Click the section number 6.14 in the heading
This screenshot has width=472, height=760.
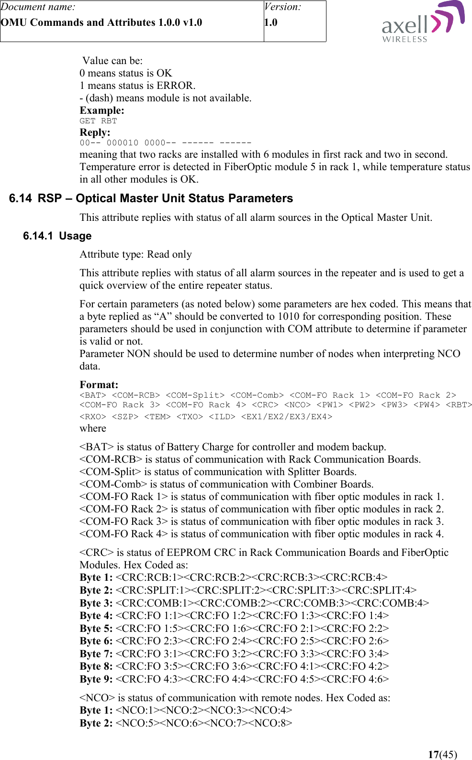21,198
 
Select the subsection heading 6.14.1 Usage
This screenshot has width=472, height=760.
57,236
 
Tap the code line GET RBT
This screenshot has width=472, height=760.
98,121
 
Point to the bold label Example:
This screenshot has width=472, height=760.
101,110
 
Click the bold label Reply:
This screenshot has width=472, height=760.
95,132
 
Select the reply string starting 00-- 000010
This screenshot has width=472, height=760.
165,142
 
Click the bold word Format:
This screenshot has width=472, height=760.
99,385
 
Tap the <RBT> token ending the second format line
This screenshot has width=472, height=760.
459,405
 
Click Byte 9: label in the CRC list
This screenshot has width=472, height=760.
96,679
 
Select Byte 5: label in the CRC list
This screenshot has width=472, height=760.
96,629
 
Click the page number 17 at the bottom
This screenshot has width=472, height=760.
433,754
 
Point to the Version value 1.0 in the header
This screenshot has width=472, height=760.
270,22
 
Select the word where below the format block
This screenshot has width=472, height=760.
93,428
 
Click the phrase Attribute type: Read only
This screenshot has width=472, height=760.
135,254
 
